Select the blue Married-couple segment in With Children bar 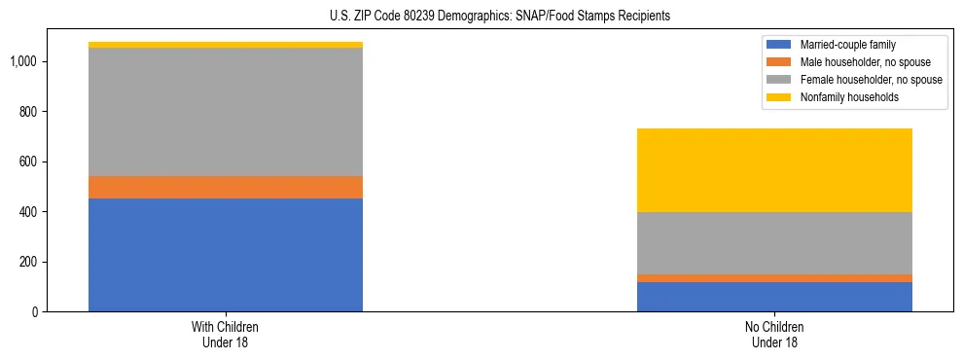click(x=226, y=255)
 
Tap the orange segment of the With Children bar click(x=226, y=187)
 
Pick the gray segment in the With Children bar click(x=226, y=112)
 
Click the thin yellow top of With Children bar click(x=226, y=45)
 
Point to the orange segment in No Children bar click(x=774, y=278)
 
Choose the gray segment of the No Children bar click(x=774, y=243)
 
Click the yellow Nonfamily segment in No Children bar click(x=774, y=170)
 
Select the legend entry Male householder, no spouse click(x=858, y=62)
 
